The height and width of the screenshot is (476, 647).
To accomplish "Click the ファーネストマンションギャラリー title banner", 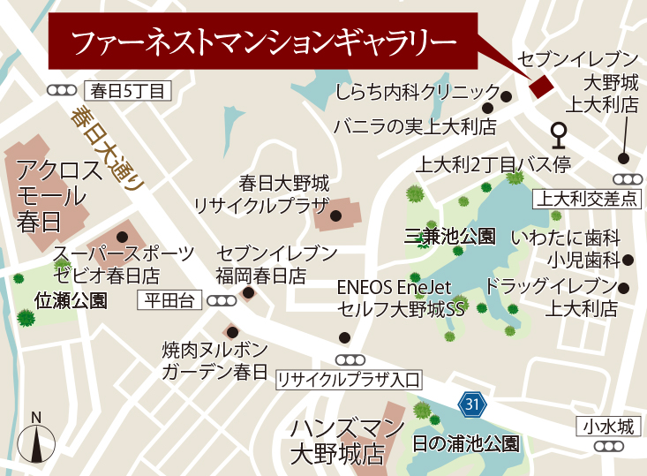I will point(263,41).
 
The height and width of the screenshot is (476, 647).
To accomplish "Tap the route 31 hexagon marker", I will point(472,404).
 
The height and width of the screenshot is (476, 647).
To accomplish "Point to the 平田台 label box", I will point(170,300).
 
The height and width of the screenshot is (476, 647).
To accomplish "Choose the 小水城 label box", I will point(608,427).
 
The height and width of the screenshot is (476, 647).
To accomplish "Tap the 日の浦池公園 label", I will point(466,443).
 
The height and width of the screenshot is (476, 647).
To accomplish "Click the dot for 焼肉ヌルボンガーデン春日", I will point(232,332).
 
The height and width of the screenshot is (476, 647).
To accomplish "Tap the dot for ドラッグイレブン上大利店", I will point(625,288).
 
